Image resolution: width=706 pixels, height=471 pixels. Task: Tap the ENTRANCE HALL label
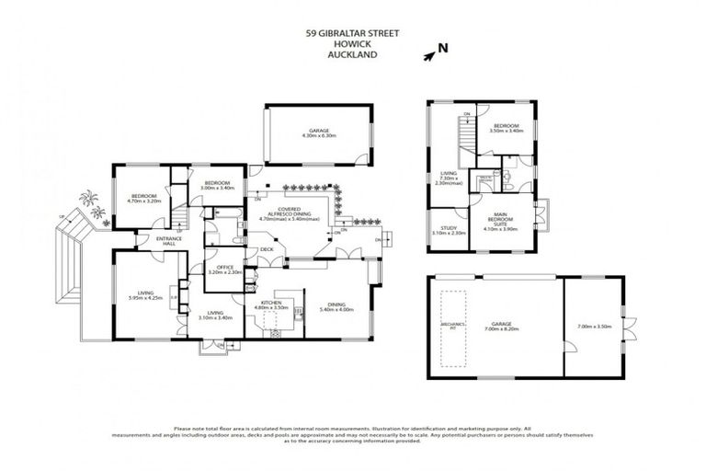pos(168,241)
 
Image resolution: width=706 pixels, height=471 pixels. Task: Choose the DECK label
pos(267,249)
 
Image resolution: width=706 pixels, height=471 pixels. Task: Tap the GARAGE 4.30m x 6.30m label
pos(319,133)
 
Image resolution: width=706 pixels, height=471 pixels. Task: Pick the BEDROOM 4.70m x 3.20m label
pos(143,198)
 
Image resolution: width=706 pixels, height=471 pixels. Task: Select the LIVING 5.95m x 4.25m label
pos(145,296)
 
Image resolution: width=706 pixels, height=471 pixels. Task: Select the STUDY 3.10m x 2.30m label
pos(448,231)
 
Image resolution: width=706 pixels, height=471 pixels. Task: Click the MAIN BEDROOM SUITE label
pos(501,224)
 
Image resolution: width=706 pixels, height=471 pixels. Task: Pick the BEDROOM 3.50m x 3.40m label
pos(507,128)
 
